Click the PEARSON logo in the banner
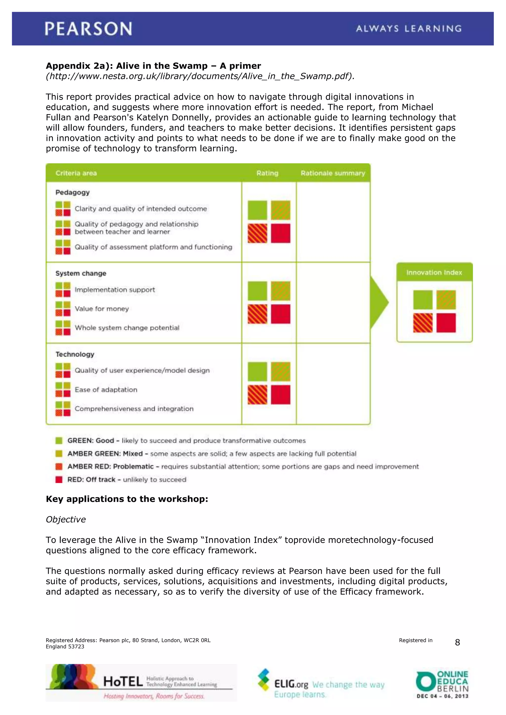point(88,29)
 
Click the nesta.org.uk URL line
point(200,76)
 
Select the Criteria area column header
point(76,173)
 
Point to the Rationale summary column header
point(333,173)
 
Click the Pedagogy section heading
point(72,192)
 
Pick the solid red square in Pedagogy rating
point(280,233)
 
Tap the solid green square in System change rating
point(257,291)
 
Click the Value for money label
point(102,309)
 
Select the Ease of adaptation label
point(106,390)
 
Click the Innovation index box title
point(434,273)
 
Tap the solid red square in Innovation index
point(446,323)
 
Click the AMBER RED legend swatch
point(59,466)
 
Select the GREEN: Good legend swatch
point(59,441)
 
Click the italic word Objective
point(66,519)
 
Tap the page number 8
point(457,642)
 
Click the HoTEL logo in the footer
point(141,683)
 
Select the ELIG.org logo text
point(291,684)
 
